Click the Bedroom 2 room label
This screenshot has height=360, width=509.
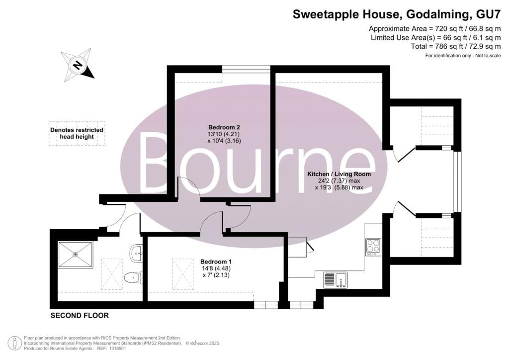coord(224,127)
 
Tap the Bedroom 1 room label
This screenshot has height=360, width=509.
coord(216,262)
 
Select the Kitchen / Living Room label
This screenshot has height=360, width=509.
coord(339,174)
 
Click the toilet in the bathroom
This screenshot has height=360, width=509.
coord(133,278)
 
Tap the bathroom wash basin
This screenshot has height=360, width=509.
coord(136,252)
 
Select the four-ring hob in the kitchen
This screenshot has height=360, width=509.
coord(373,247)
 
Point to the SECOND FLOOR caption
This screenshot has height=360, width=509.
coord(80,316)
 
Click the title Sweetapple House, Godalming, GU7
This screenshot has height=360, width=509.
coord(397,14)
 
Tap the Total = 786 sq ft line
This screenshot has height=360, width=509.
coord(456,46)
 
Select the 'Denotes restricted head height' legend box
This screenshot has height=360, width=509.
coord(77,133)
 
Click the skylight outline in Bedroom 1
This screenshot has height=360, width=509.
coord(183,274)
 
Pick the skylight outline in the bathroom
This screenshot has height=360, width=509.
coord(112,274)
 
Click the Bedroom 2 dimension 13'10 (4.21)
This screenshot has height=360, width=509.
coord(224,134)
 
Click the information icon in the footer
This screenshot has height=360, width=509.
coord(14,343)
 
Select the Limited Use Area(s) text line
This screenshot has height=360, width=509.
coord(436,38)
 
